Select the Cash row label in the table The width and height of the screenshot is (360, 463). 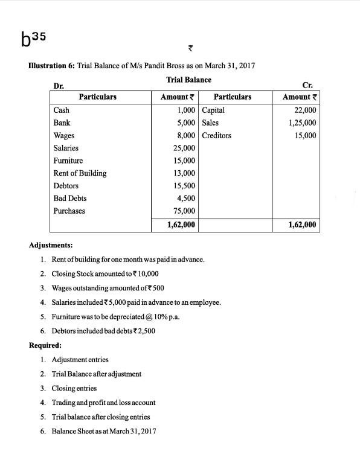[61, 110]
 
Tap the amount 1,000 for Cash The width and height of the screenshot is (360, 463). [185, 110]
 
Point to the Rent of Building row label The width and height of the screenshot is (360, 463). [80, 173]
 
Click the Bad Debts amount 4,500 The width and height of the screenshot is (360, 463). [185, 199]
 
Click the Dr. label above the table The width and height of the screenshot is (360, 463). [59, 86]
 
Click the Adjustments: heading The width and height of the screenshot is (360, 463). [51, 246]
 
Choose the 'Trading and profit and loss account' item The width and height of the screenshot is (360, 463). [103, 402]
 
